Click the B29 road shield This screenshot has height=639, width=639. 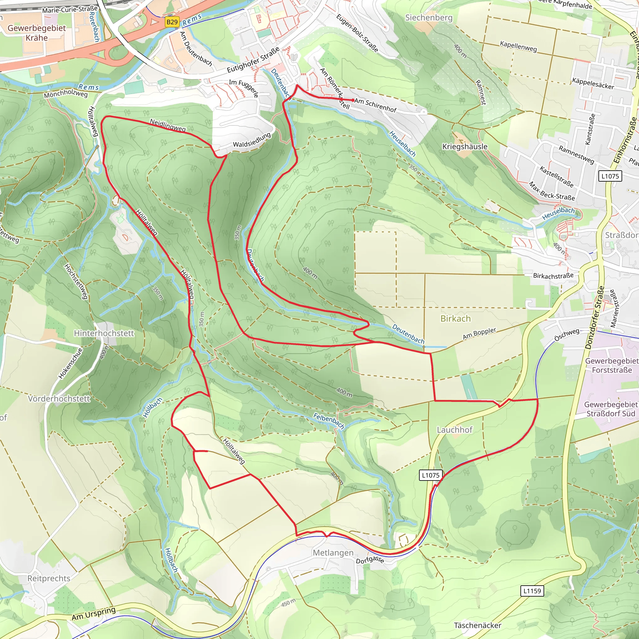pyautogui.click(x=172, y=22)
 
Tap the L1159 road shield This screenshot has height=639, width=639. pyautogui.click(x=532, y=591)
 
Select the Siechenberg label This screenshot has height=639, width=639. pyautogui.click(x=429, y=17)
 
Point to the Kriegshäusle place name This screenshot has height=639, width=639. pyautogui.click(x=465, y=147)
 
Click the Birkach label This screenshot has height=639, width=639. pyautogui.click(x=456, y=319)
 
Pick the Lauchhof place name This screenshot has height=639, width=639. pyautogui.click(x=455, y=430)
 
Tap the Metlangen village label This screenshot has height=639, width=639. pyautogui.click(x=333, y=553)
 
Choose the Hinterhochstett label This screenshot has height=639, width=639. pyautogui.click(x=104, y=333)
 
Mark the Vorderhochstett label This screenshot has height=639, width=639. pyautogui.click(x=59, y=398)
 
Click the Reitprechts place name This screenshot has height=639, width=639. pyautogui.click(x=49, y=578)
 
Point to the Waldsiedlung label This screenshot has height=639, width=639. pyautogui.click(x=252, y=140)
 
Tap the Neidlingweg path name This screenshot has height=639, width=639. pyautogui.click(x=168, y=125)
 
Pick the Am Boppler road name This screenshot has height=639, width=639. pyautogui.click(x=479, y=334)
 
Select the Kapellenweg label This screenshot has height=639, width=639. pyautogui.click(x=518, y=46)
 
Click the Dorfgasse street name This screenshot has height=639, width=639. pyautogui.click(x=370, y=560)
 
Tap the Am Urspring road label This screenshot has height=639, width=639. pyautogui.click(x=94, y=613)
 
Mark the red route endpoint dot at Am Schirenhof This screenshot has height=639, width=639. pyautogui.click(x=353, y=100)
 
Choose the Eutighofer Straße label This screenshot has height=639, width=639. pyautogui.click(x=253, y=60)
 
